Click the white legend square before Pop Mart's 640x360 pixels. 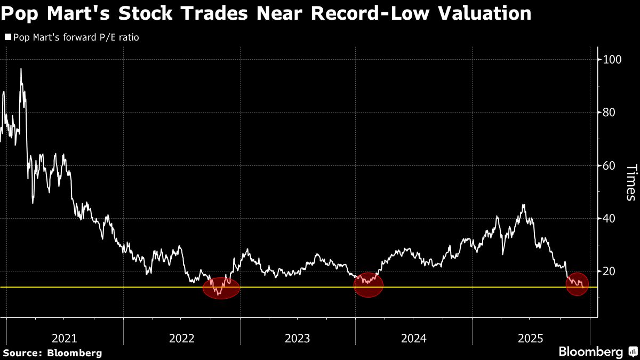click(x=7, y=38)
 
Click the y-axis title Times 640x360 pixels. click(x=630, y=182)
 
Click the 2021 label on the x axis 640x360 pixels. click(x=65, y=338)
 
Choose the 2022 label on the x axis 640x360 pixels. click(x=181, y=338)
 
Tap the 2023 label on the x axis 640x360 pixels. click(x=298, y=338)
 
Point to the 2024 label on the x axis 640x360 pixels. click(x=414, y=338)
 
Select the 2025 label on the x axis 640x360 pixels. click(x=530, y=338)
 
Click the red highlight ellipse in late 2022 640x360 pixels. click(x=221, y=287)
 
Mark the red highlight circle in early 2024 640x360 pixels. click(x=369, y=284)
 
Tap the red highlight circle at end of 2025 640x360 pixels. click(x=578, y=284)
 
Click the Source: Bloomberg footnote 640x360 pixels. click(x=52, y=353)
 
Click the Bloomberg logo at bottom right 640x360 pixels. click(x=597, y=352)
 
